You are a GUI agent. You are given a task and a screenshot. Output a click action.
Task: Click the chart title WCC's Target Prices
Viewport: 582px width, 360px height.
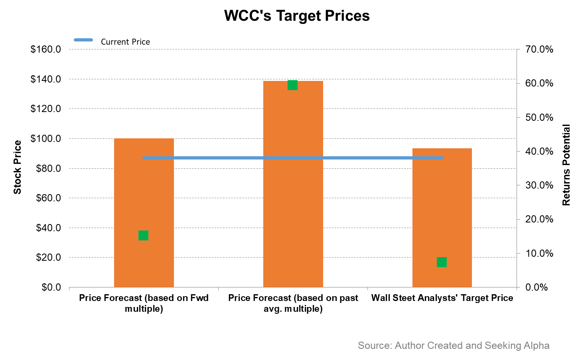click(297, 16)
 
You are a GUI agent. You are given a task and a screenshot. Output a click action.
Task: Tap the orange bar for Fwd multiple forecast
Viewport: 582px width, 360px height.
click(144, 191)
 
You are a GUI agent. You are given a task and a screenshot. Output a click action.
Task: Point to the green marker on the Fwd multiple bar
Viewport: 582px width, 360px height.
click(144, 236)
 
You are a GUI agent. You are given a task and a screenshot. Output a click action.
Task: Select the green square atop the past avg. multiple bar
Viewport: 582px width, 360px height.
click(292, 85)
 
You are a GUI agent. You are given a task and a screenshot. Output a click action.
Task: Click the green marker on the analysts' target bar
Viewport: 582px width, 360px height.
click(442, 262)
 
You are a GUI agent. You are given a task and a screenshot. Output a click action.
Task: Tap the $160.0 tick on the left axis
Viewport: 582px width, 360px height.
click(45, 49)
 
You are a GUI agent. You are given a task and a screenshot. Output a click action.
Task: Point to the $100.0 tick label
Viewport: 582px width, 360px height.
click(45, 139)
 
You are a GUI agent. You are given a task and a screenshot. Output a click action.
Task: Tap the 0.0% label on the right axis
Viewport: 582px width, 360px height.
click(537, 287)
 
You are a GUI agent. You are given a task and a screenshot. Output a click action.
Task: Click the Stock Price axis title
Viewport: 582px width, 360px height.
click(17, 167)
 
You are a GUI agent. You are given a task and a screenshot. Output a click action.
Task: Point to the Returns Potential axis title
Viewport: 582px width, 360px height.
click(566, 165)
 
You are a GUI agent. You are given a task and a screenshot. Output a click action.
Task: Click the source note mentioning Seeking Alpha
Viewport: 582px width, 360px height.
click(453, 345)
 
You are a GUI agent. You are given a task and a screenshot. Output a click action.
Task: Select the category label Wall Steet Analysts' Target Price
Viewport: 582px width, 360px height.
click(442, 298)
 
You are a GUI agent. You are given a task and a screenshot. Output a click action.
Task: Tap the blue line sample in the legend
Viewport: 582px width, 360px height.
click(83, 40)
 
